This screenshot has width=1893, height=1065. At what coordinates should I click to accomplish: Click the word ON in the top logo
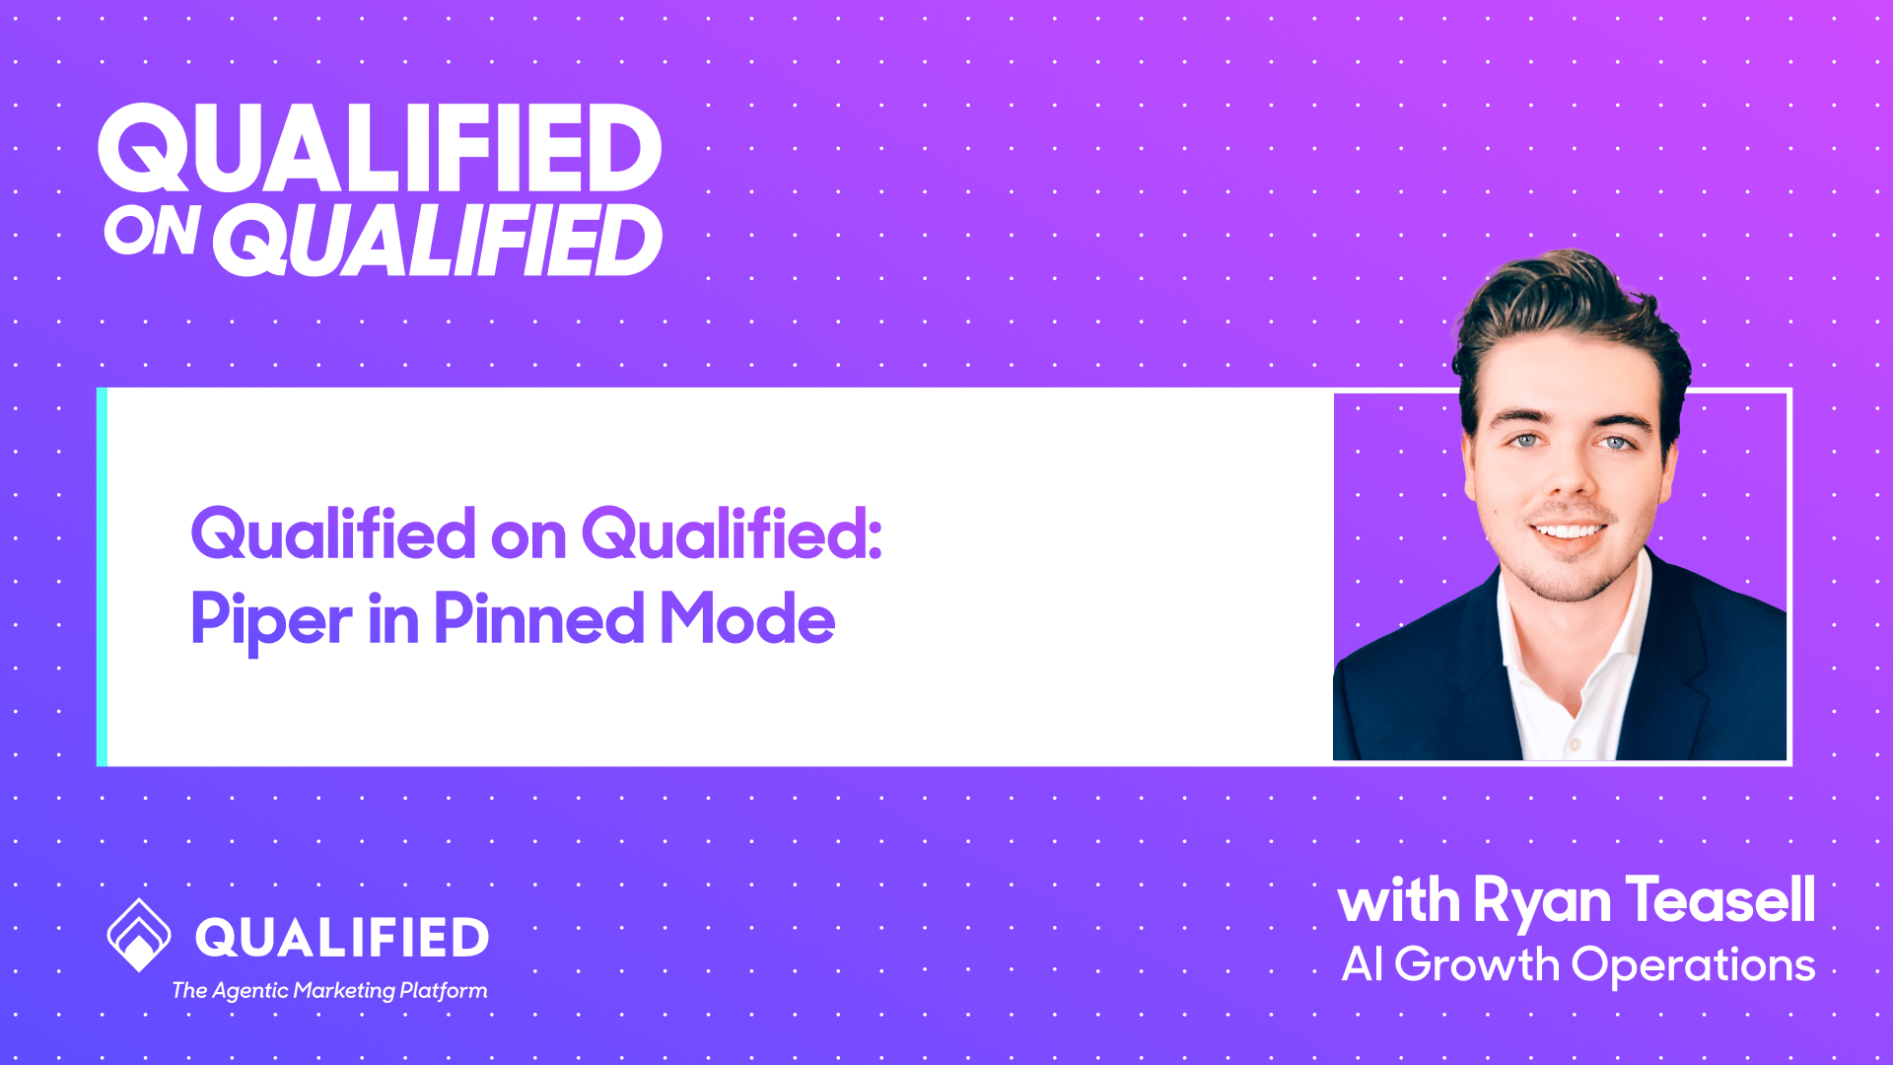pos(152,232)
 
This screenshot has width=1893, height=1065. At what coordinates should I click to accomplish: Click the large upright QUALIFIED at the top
pos(380,149)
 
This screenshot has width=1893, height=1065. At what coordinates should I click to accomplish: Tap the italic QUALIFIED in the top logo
pos(438,241)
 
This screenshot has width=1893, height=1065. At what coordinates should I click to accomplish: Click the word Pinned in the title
pos(538,618)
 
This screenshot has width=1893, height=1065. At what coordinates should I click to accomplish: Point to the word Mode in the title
pos(747,618)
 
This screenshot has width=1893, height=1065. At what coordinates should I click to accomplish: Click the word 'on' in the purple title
pos(527,535)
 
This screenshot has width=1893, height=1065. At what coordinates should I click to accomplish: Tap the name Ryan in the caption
pos(1542,901)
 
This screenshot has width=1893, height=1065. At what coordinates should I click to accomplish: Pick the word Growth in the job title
pos(1476,964)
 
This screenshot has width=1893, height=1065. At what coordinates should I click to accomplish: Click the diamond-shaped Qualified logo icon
pos(139,935)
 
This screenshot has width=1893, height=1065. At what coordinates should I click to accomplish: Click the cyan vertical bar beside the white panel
pos(102,577)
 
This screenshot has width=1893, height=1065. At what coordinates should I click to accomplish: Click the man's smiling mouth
pos(1569,532)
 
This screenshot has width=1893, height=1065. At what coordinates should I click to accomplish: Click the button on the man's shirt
pos(1575,744)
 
